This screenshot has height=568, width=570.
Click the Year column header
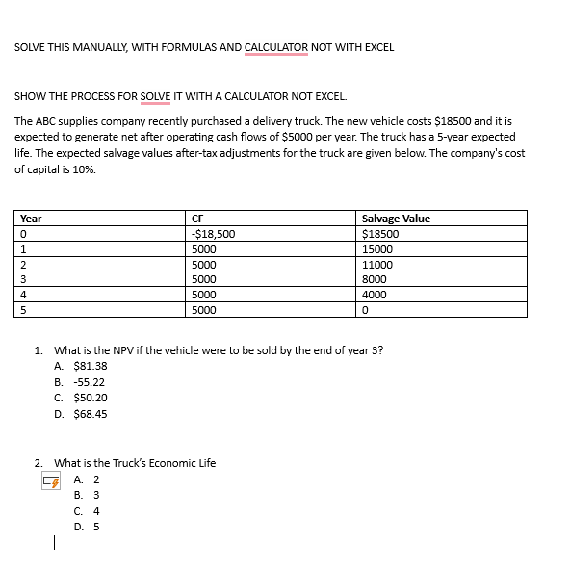(31, 219)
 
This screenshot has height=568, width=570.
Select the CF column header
(198, 219)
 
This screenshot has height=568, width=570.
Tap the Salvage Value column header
(395, 219)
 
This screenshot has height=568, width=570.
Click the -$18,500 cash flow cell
(214, 234)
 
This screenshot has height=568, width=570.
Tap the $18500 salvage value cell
(378, 234)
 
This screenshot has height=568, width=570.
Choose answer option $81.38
(90, 366)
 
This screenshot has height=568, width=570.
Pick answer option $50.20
(90, 398)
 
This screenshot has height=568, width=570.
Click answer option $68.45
(90, 414)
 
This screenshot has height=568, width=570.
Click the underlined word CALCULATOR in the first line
(276, 47)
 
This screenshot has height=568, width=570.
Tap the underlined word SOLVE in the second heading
(155, 97)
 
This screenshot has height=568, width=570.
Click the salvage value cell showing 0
(364, 310)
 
